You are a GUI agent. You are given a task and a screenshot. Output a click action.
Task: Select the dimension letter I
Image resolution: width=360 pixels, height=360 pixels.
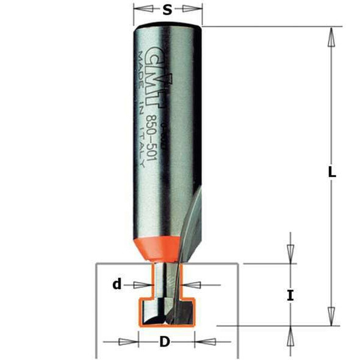(290, 296)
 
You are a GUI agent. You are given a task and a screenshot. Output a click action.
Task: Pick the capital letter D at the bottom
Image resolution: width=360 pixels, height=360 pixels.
(164, 342)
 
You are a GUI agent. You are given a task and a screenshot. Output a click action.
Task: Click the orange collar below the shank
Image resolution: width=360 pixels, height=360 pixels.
(163, 244)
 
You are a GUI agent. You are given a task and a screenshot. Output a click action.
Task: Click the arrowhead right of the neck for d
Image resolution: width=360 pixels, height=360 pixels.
(193, 284)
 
